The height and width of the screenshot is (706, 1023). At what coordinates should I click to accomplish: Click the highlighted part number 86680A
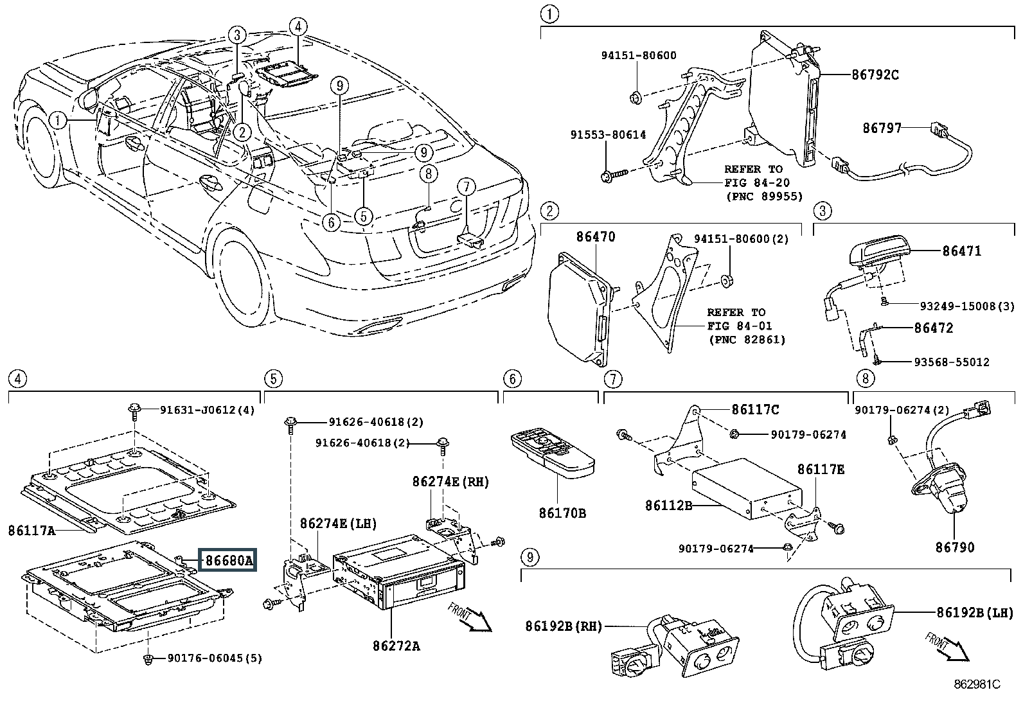pyautogui.click(x=229, y=561)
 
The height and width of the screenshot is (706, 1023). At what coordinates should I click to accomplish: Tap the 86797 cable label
pyautogui.click(x=882, y=128)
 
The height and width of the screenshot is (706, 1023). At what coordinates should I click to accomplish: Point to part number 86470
pyautogui.click(x=595, y=237)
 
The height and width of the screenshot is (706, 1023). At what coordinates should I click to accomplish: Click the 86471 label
pyautogui.click(x=962, y=251)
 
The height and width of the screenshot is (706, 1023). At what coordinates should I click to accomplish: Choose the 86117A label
pyautogui.click(x=31, y=531)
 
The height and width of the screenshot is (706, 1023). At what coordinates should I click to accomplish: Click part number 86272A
pyautogui.click(x=396, y=646)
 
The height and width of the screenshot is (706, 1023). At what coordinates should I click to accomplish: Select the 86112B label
pyautogui.click(x=668, y=506)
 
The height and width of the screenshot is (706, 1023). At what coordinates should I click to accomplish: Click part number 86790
pyautogui.click(x=955, y=547)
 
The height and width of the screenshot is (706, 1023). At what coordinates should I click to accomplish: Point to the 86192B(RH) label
pyautogui.click(x=564, y=626)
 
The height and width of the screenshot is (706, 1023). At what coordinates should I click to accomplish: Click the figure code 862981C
pyautogui.click(x=977, y=685)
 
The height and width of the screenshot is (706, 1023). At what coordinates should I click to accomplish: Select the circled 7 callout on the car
pyautogui.click(x=467, y=188)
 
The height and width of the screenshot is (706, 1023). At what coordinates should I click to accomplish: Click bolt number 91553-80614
pyautogui.click(x=608, y=135)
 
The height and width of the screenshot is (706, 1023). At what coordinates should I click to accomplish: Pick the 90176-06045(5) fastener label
pyautogui.click(x=214, y=658)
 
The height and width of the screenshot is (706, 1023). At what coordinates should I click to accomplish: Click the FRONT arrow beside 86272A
pyautogui.click(x=471, y=616)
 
